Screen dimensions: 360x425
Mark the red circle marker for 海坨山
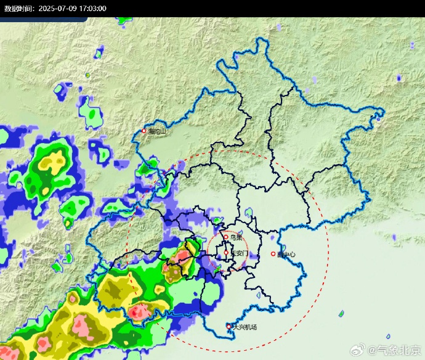[x=144, y=131]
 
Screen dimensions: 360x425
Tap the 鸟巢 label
[x=235, y=237]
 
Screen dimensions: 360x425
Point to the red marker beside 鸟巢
[x=226, y=236]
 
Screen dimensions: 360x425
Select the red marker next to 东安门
[x=226, y=252]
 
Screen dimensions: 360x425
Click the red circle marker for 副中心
[x=273, y=254]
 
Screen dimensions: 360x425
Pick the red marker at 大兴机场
[x=229, y=326]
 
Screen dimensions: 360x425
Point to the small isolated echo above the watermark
[x=341, y=314]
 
